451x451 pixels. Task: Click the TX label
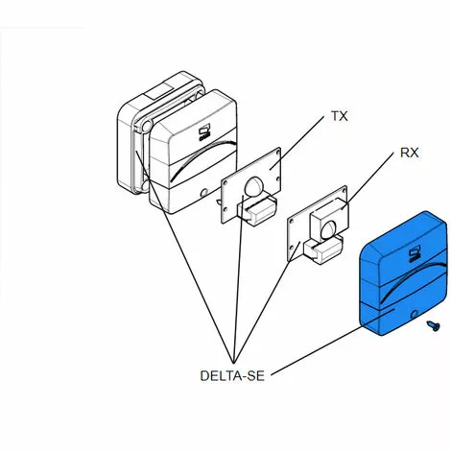pos(340,116)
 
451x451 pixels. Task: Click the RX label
pos(409,153)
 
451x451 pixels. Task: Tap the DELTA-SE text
pos(232,376)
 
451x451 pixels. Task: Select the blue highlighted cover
pos(403,273)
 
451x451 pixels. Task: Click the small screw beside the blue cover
pos(433,326)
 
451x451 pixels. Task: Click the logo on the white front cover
pos(204,132)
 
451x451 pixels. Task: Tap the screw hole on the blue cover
pos(415,315)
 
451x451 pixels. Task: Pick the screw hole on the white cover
pos(203,193)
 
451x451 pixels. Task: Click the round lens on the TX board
pos(253,187)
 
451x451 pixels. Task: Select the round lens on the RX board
pos(329,230)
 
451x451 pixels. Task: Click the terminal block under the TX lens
pos(257,210)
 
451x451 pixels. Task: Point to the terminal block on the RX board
pos(322,249)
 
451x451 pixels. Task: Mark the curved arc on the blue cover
pos(412,278)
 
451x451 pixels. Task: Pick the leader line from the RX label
pos(368,180)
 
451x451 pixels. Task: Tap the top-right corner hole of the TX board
pos(277,153)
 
